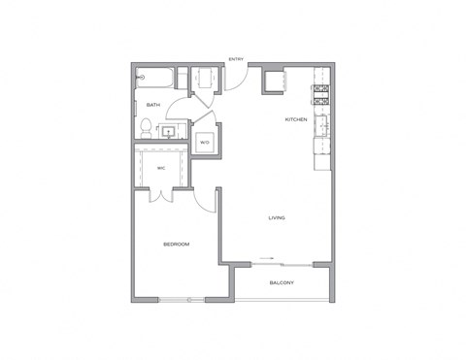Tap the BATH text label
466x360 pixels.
click(x=153, y=104)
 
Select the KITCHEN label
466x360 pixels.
click(x=295, y=120)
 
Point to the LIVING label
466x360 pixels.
click(x=277, y=217)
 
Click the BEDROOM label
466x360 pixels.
click(x=176, y=245)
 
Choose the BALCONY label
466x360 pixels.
click(x=283, y=282)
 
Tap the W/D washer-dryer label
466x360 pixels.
click(x=205, y=143)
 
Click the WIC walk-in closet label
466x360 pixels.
click(x=161, y=168)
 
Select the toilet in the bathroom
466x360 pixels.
click(x=146, y=126)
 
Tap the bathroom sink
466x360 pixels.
click(x=169, y=129)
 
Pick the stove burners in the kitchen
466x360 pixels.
click(x=320, y=94)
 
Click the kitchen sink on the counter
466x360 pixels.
click(x=320, y=127)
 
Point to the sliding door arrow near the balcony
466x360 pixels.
click(x=267, y=260)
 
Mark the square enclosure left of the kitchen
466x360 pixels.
click(x=275, y=81)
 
